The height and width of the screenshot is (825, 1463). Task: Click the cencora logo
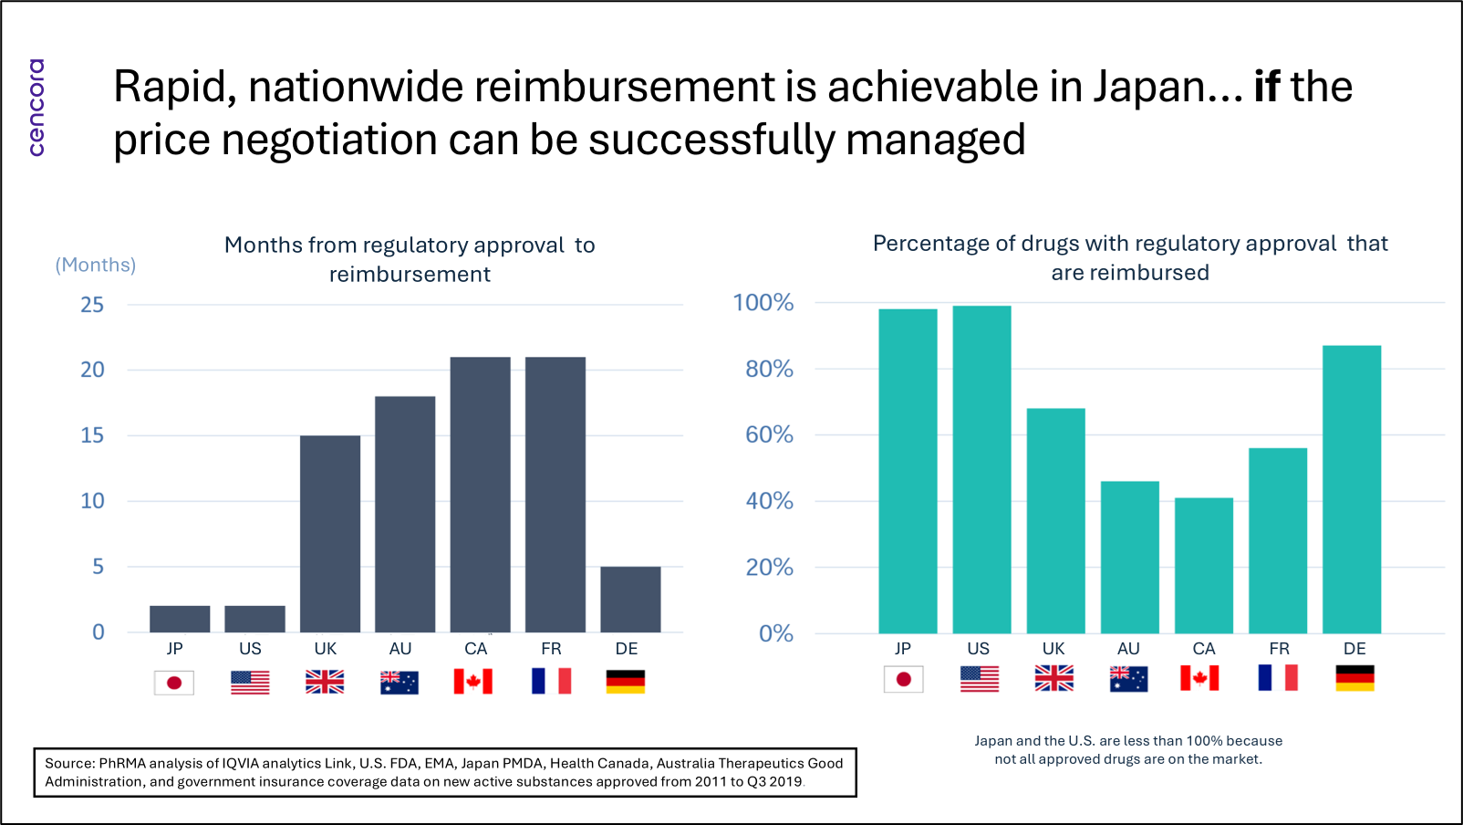pos(36,108)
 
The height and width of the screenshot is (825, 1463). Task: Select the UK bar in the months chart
pos(330,534)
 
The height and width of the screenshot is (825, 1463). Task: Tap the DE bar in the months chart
pos(630,599)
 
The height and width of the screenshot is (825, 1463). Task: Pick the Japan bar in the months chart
pos(180,619)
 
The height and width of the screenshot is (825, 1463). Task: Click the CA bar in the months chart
pos(480,495)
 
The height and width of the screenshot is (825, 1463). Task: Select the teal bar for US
pos(981,469)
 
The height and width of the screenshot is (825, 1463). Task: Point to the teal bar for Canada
pos(1203,565)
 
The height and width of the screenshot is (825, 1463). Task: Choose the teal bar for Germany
pos(1351,489)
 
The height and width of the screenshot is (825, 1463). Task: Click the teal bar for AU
pos(1129,557)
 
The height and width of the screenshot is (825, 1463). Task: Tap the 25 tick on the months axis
pos(92,305)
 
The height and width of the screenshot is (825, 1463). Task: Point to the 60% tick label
pos(769,434)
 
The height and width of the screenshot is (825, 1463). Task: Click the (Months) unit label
pos(96,265)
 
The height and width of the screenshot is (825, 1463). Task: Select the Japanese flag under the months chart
pos(174,682)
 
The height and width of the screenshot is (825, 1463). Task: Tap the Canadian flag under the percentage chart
pos(1199,678)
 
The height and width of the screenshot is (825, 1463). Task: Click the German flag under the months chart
pos(626,682)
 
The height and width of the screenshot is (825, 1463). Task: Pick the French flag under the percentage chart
pos(1278,678)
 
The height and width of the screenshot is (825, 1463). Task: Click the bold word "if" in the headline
pos(1267,87)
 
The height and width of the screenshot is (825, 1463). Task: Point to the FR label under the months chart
pos(551,649)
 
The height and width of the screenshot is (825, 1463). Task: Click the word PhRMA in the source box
pos(122,763)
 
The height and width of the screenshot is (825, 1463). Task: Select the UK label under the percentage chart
pos(1053,649)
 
